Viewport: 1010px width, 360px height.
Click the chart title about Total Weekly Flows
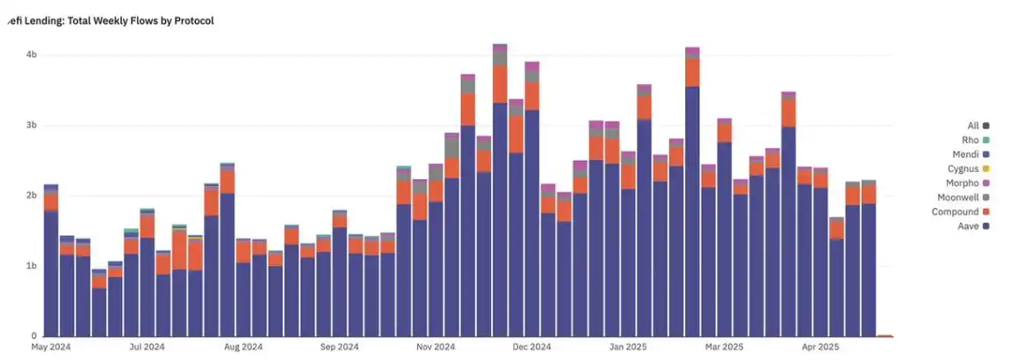[x=111, y=19]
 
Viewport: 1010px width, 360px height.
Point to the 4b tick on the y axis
[x=32, y=54]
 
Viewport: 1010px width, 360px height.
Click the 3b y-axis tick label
[x=32, y=125]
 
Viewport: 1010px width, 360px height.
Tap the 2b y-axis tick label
[x=32, y=195]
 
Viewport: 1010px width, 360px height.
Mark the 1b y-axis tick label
[x=32, y=265]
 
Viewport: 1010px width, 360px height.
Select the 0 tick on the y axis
[x=34, y=335]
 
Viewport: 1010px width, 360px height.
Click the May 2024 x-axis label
[x=50, y=347]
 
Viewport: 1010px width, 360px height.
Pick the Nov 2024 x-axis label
[x=435, y=347]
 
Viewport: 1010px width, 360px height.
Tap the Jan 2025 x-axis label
[x=627, y=347]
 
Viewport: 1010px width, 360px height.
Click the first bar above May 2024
[x=51, y=263]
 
